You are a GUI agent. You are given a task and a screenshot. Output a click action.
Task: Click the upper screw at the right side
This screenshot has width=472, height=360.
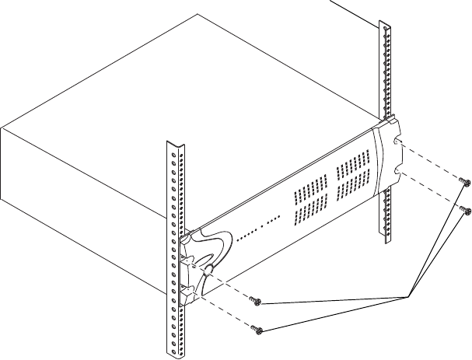pos(465,181)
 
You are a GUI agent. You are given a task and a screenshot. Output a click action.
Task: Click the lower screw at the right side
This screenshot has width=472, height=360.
pos(463,208)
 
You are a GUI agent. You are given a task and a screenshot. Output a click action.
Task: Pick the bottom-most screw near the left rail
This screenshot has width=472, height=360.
pos(258,330)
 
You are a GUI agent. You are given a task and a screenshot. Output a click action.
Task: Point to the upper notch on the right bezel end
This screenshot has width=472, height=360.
pos(397,145)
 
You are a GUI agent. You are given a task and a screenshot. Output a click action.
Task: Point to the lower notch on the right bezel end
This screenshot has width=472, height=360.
pos(398,170)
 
